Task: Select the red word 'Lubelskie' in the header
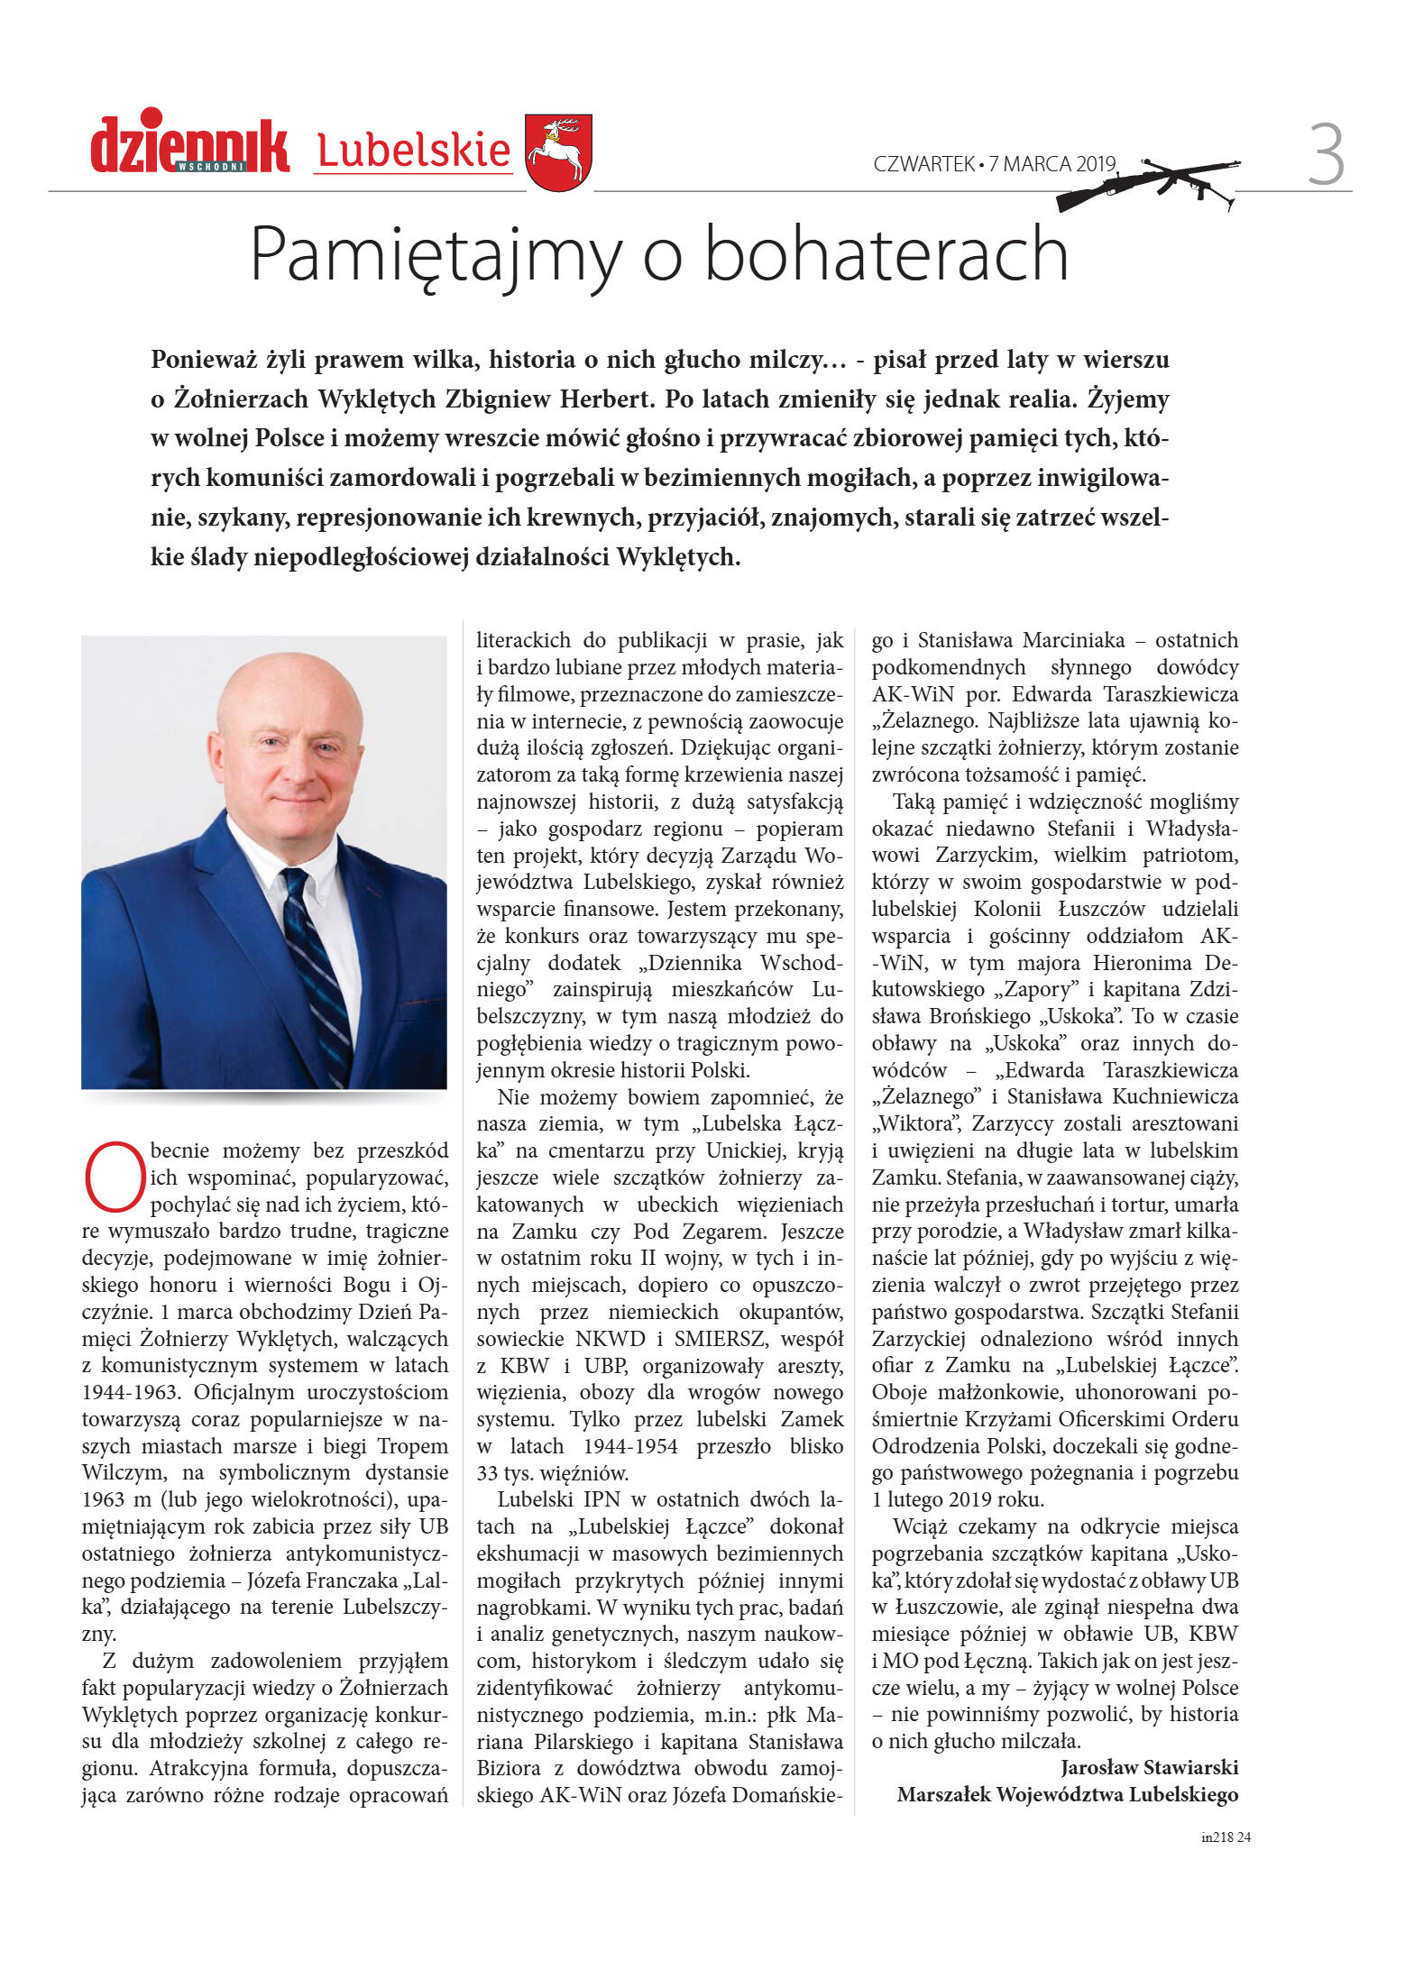(414, 151)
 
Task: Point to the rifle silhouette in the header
(1147, 183)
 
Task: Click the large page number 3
(1326, 155)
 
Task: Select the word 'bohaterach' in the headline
(886, 254)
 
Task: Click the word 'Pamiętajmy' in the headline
(436, 254)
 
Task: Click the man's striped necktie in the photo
(317, 974)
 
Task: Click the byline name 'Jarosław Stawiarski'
(1149, 1767)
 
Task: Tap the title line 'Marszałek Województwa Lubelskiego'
(1067, 1794)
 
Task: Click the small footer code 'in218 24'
(1226, 1837)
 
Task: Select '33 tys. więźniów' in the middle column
(552, 1473)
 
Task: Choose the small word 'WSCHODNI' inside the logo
(211, 166)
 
